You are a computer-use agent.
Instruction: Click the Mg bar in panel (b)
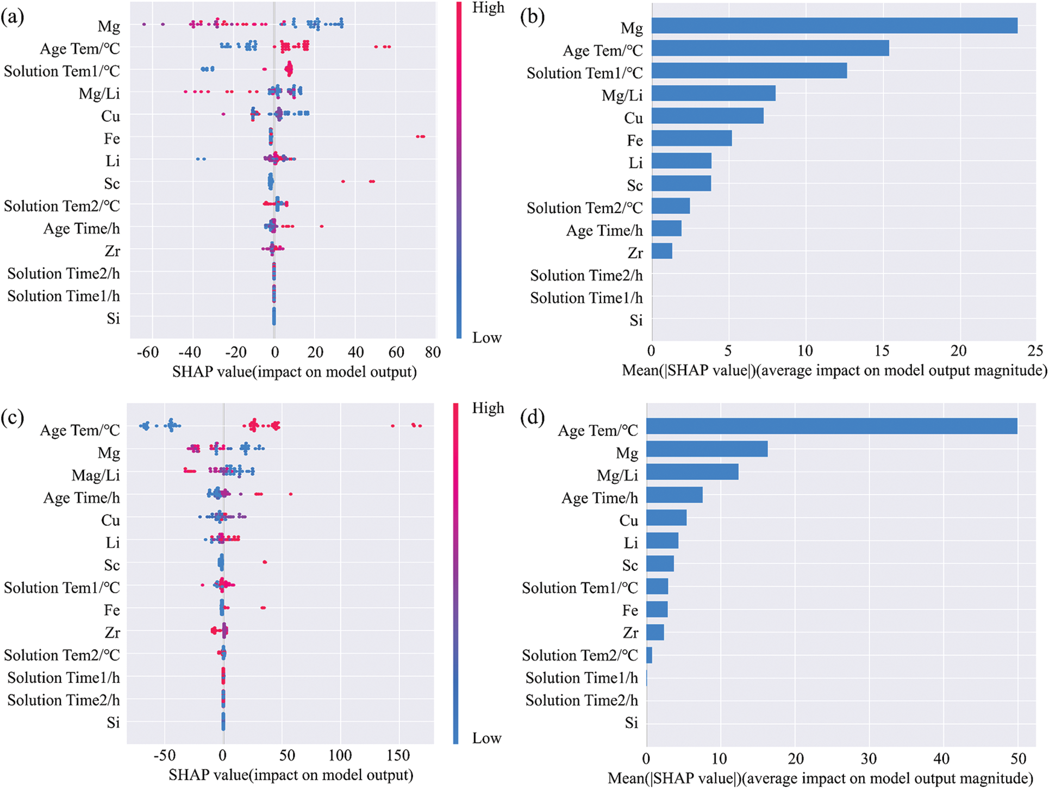[834, 26]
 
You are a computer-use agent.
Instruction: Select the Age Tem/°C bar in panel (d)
[832, 426]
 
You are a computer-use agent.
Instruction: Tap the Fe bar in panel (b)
[691, 139]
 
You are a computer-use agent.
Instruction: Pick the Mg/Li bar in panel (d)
[692, 472]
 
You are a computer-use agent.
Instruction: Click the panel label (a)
[13, 17]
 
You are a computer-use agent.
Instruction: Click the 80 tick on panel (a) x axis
[433, 352]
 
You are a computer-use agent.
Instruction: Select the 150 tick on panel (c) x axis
[399, 755]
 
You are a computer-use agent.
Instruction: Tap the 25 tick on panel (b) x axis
[1035, 351]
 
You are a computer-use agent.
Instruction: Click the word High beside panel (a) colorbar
[488, 8]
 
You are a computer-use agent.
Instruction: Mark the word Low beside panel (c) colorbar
[486, 738]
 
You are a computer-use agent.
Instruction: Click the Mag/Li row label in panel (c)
[96, 475]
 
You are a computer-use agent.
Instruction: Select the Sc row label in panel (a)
[112, 184]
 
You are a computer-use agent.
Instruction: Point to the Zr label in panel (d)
[630, 633]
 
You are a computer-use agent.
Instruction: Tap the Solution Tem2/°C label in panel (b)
[584, 208]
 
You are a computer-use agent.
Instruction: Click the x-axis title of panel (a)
[294, 372]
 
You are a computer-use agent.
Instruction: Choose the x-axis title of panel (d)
[820, 778]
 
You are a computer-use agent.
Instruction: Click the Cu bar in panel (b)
[707, 116]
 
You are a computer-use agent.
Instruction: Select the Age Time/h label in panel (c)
[82, 498]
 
